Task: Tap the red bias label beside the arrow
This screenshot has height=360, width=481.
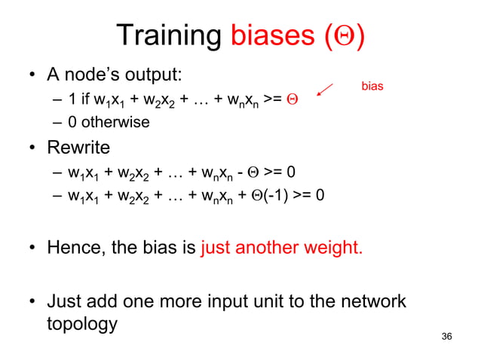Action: [x=372, y=87]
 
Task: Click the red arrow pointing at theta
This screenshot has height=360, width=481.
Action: [x=325, y=90]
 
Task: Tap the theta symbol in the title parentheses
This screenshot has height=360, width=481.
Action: [x=345, y=36]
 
